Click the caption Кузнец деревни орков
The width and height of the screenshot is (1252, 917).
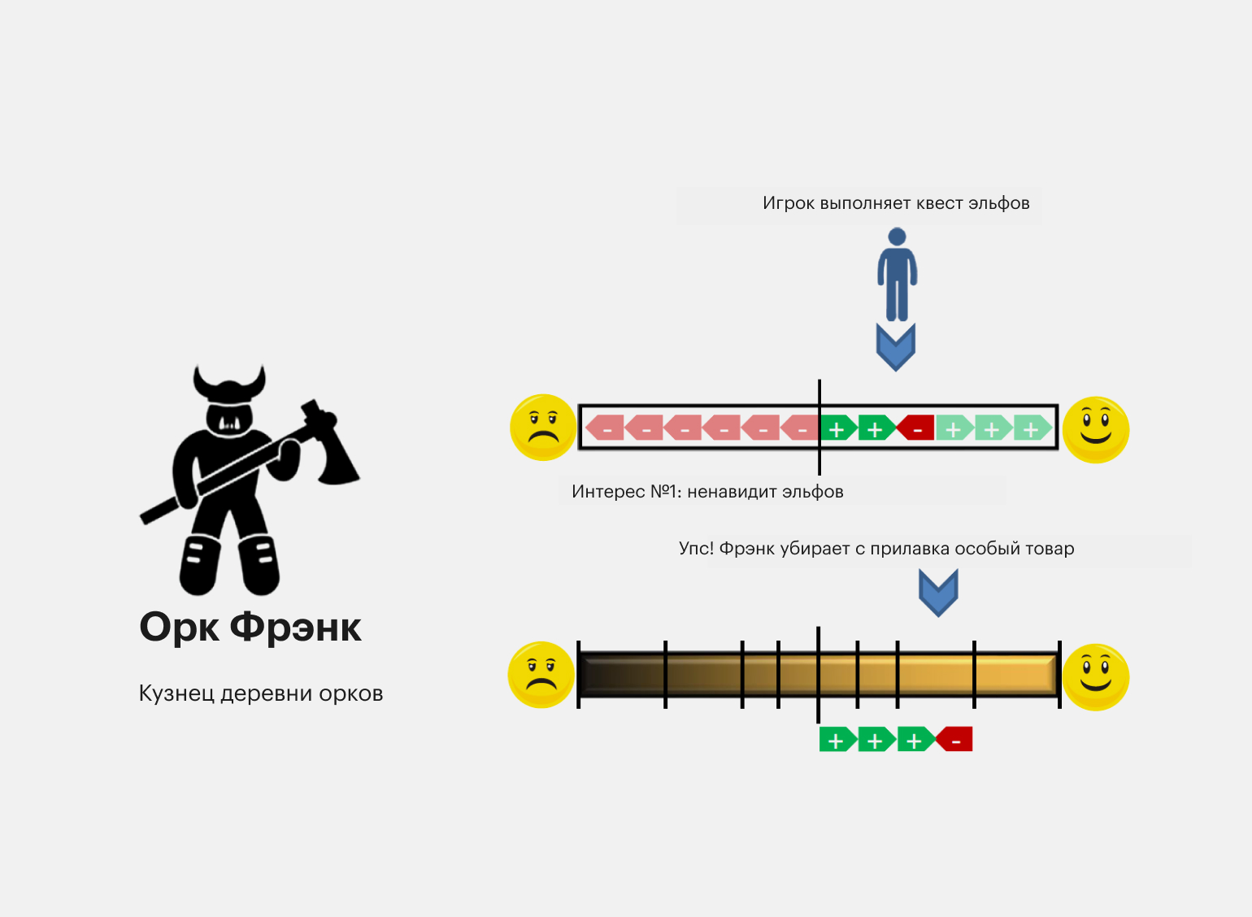click(260, 693)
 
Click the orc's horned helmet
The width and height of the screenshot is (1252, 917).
click(229, 385)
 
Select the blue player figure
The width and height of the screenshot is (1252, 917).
click(897, 275)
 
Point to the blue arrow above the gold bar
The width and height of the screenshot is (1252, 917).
click(938, 593)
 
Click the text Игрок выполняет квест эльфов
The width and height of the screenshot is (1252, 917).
click(896, 203)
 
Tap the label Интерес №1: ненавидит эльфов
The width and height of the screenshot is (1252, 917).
click(707, 492)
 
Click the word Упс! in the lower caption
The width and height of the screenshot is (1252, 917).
click(697, 548)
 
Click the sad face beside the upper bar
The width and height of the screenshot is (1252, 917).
click(543, 428)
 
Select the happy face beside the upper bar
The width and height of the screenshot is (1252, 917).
click(1096, 430)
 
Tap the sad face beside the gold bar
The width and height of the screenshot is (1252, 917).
click(541, 675)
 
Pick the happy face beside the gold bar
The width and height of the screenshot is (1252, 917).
click(1096, 677)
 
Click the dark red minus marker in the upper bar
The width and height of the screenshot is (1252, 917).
click(915, 428)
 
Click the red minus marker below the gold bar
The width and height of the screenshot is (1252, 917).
click(954, 739)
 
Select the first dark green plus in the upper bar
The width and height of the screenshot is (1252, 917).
click(838, 428)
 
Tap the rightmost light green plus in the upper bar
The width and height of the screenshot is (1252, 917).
click(1032, 428)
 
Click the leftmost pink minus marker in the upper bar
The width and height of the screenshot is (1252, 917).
click(604, 428)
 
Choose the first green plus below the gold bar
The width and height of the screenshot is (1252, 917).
click(838, 739)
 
